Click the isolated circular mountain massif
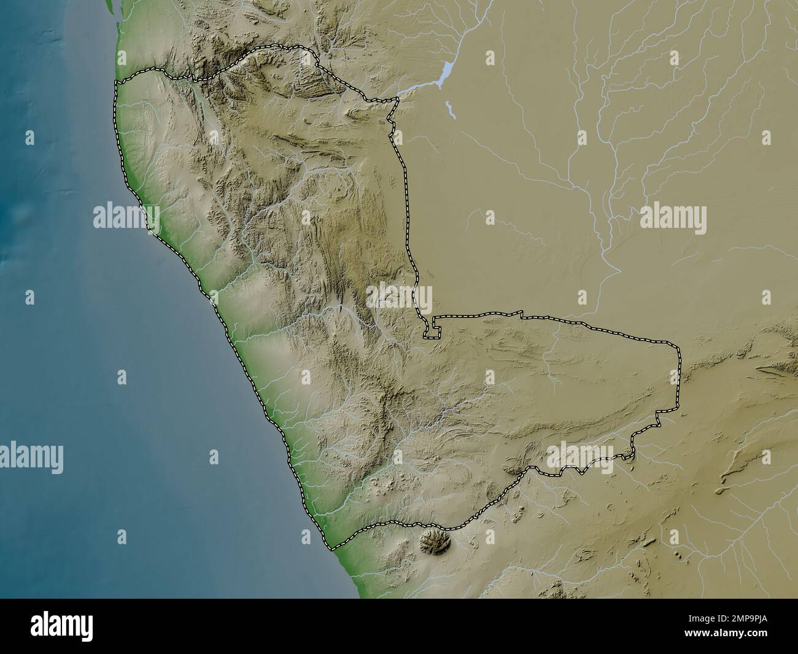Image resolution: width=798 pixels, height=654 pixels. tap(435, 542)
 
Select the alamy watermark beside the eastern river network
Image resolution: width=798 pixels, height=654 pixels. tap(673, 218)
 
